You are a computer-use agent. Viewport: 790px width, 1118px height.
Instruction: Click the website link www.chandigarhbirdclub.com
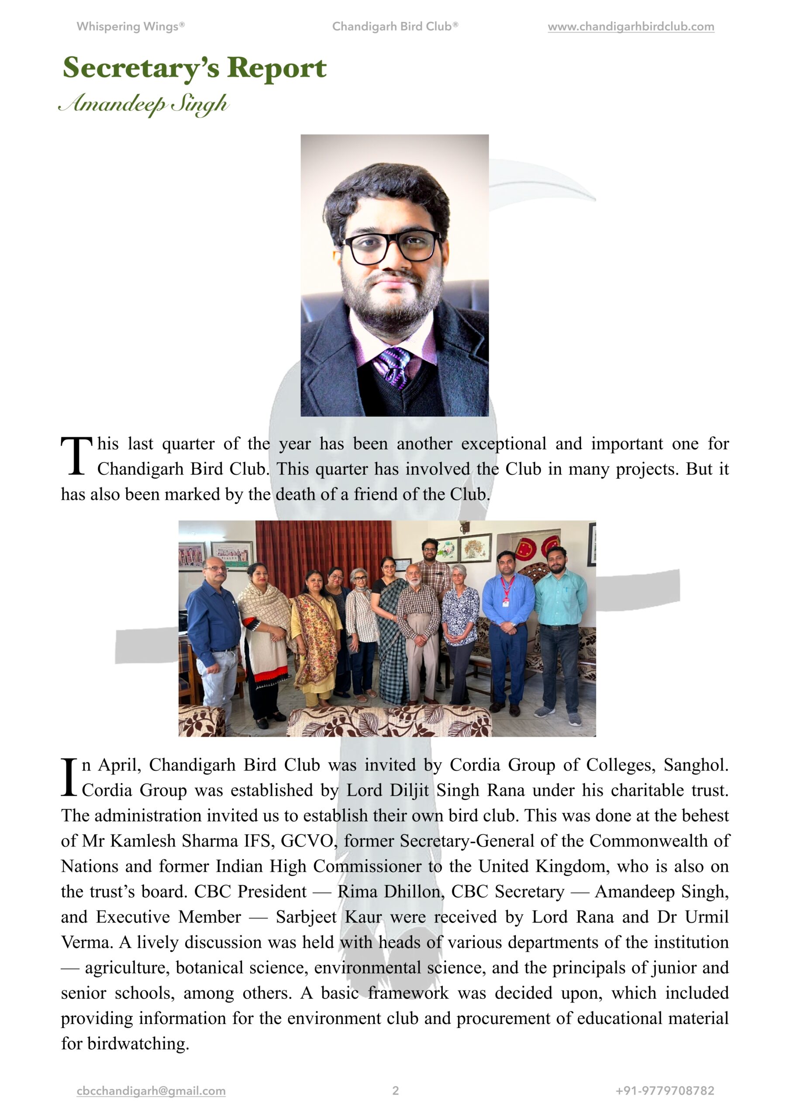coord(630,27)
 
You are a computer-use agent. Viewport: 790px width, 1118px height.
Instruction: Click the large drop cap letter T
coord(76,456)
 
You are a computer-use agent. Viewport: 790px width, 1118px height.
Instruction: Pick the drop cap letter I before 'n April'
coord(69,778)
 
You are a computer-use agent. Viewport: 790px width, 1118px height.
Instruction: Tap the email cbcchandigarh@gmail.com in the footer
coord(151,1091)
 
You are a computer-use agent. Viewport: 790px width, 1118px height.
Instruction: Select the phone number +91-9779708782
coord(665,1091)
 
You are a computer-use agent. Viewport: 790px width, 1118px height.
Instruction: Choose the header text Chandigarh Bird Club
coord(394,27)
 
